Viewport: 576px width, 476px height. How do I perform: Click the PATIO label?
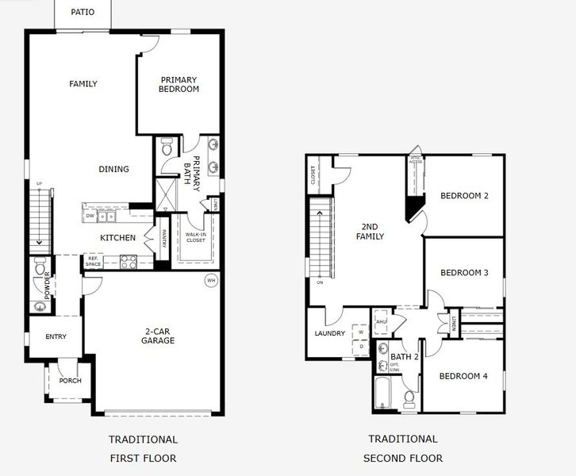[83, 12]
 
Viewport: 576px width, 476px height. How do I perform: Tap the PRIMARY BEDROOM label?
[179, 84]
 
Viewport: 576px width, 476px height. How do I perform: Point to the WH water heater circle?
[211, 280]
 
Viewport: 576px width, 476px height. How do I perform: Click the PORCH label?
[70, 381]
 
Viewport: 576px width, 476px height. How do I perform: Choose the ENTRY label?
[56, 336]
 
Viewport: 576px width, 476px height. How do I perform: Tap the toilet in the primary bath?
[167, 148]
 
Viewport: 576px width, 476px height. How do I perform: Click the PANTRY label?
[164, 239]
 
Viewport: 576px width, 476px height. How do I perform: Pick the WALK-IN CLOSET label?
[195, 237]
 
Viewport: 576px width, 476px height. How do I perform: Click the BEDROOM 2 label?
[464, 196]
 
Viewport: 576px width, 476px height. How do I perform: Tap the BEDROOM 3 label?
[464, 273]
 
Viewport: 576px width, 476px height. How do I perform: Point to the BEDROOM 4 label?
[463, 376]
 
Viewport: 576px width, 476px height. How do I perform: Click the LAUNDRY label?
[330, 334]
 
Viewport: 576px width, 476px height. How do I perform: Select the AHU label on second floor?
[381, 321]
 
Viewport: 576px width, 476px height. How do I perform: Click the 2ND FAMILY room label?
[370, 232]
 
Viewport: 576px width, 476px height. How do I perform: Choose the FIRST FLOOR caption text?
[143, 459]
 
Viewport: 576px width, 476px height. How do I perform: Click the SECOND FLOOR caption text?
[403, 459]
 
